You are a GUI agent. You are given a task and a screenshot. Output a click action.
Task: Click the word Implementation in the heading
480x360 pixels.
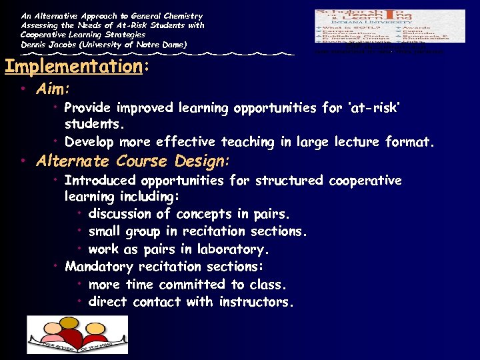[x=73, y=67]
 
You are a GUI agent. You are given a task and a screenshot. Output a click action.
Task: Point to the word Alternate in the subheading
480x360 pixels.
[x=73, y=161]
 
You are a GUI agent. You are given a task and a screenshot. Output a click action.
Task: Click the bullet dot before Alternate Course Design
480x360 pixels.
[x=23, y=161]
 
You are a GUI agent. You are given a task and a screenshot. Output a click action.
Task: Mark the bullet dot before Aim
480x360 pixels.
[x=23, y=89]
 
